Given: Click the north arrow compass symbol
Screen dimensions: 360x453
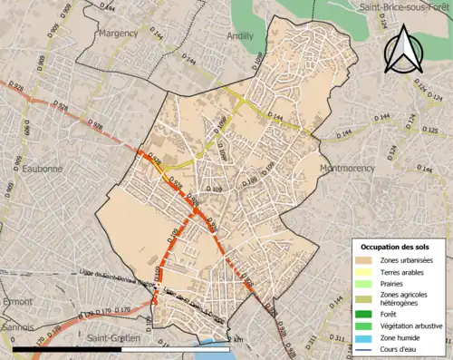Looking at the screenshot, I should point(403,49).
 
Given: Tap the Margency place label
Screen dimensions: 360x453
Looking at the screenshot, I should point(118,34).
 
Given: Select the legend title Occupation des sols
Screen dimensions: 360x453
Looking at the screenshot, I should point(395,247).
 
